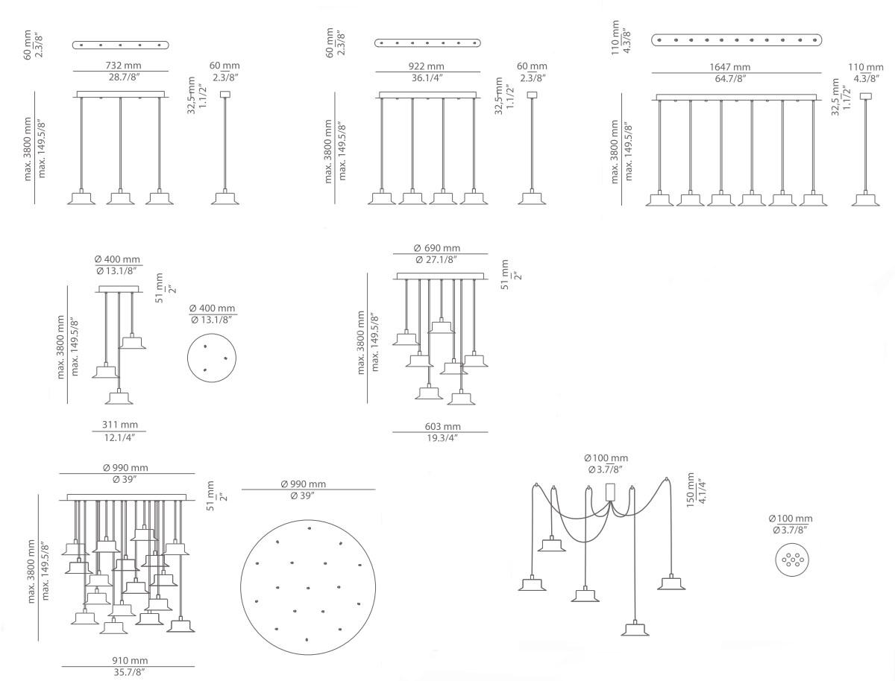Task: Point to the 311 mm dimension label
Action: [119, 425]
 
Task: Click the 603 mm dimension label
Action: [442, 426]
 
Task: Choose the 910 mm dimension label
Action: [130, 660]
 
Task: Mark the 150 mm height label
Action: [691, 489]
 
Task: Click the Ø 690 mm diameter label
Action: [437, 248]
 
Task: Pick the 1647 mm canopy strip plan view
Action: [737, 39]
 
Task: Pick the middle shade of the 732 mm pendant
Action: [119, 198]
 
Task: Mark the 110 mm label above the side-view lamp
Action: [865, 66]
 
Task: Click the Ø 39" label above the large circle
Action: [303, 495]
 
